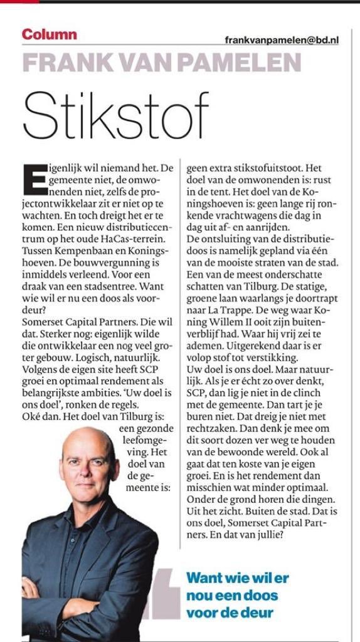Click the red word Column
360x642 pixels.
click(50, 34)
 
